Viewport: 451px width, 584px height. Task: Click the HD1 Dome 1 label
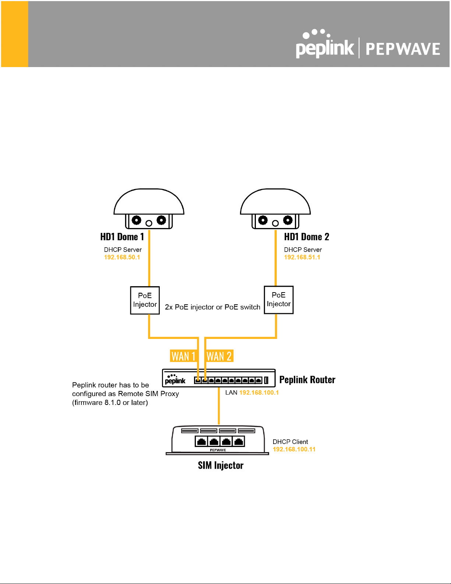[x=122, y=237]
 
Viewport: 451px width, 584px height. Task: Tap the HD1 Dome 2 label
[x=306, y=237]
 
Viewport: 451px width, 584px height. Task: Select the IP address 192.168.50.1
[x=122, y=257]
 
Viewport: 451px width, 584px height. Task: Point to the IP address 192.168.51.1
[x=302, y=257]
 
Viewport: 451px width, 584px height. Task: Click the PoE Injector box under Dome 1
[x=145, y=300]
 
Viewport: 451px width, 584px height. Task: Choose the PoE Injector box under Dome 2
[x=279, y=300]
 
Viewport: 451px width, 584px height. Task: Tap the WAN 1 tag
[x=183, y=356]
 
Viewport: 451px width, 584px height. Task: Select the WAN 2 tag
[x=219, y=356]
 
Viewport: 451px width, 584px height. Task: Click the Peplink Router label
[x=307, y=380]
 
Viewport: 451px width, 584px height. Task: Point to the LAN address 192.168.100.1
[x=259, y=393]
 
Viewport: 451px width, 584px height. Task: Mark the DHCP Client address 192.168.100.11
[x=294, y=450]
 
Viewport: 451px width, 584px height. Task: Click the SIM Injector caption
[x=221, y=465]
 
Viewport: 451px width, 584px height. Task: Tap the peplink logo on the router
[x=175, y=380]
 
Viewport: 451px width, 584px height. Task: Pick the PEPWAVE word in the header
[x=403, y=49]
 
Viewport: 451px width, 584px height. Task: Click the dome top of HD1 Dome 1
[x=149, y=202]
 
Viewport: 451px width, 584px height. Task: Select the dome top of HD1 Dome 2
[x=275, y=202]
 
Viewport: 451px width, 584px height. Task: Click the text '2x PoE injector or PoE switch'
[x=212, y=307]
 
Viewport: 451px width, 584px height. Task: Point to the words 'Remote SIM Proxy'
[x=148, y=394]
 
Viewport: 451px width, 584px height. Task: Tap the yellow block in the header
[x=15, y=34]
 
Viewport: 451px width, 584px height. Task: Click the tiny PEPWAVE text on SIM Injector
[x=218, y=450]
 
